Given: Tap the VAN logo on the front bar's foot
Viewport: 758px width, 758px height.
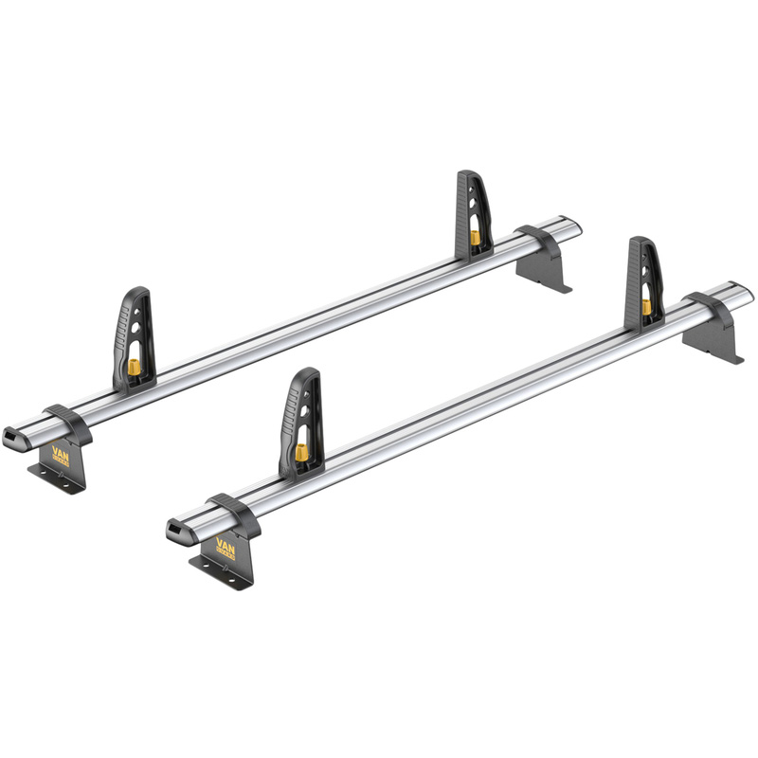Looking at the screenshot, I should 226,547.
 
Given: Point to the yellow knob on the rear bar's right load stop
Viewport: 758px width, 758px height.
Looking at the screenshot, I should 471,236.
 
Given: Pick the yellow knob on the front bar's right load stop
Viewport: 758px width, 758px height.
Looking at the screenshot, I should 646,306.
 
